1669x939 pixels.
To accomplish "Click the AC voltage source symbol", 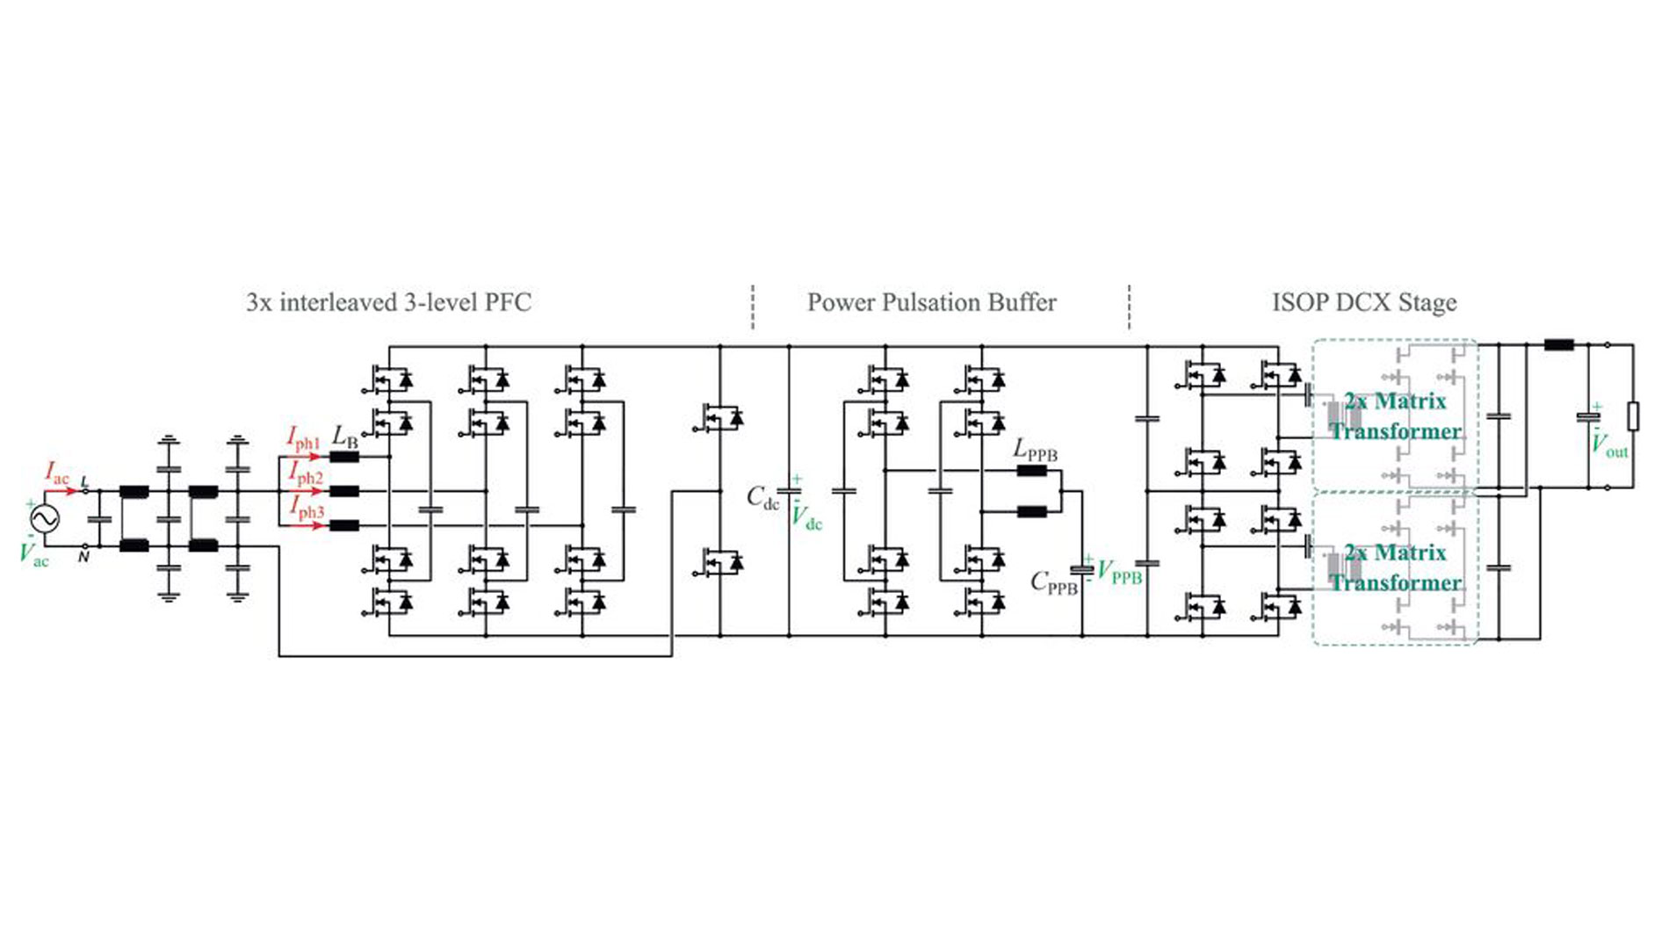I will click(45, 518).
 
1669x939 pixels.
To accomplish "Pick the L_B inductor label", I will click(344, 436).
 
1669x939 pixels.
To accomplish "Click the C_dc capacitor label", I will click(762, 498).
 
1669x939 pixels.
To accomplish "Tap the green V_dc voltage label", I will click(806, 518).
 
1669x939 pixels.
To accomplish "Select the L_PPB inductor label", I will click(1035, 450).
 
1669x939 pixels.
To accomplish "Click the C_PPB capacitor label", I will click(1053, 582).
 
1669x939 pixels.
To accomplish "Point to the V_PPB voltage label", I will click(1120, 573).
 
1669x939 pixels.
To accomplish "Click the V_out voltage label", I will click(1609, 446).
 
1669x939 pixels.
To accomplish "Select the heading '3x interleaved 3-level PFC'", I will click(388, 303).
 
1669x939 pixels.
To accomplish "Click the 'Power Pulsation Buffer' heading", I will click(931, 303).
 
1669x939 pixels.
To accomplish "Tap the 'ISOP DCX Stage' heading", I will click(1363, 303).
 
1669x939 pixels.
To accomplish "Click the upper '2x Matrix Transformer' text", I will click(1395, 416).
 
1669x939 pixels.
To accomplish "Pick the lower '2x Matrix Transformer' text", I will click(1395, 567).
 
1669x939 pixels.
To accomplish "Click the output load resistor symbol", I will click(1633, 416).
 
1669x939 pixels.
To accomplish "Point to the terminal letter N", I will click(83, 557).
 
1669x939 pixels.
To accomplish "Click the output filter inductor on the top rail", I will click(1559, 345).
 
